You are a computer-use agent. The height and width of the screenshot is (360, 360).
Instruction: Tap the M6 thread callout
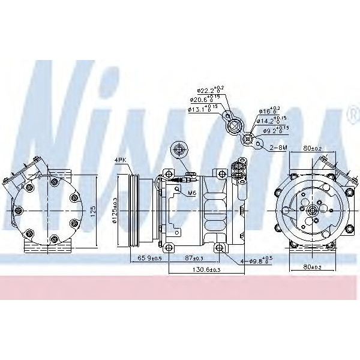pos(192,193)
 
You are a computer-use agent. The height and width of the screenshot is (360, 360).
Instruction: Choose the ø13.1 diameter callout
pos(202,109)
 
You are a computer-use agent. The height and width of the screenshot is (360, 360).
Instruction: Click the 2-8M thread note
pos(278,146)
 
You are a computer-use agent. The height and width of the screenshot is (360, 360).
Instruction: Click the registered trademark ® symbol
pos(351,114)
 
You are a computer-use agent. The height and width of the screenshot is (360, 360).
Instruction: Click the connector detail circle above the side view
pos(178,149)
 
